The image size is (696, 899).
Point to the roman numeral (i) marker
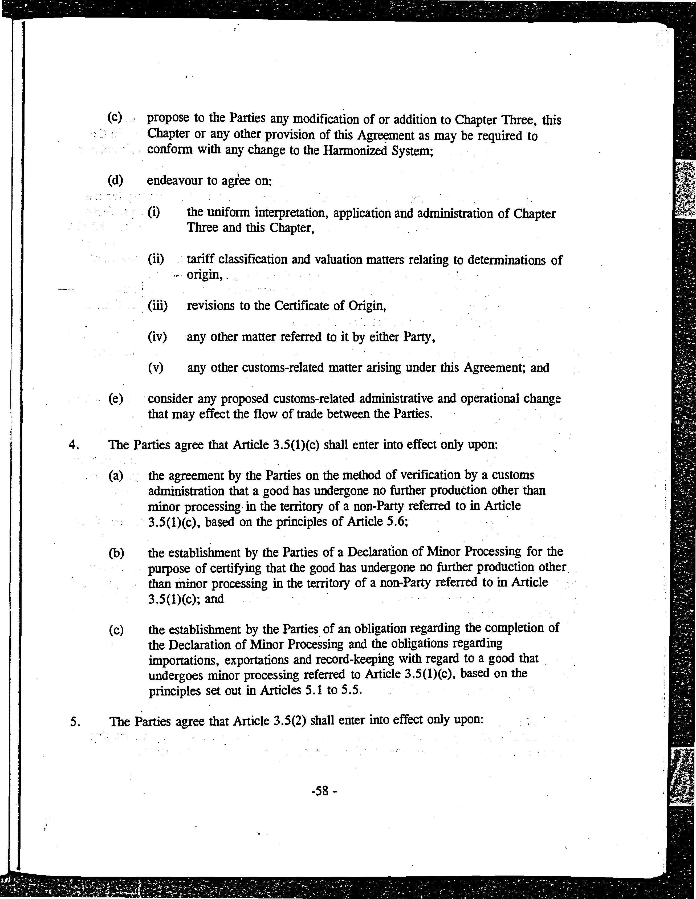pyautogui.click(x=153, y=212)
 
